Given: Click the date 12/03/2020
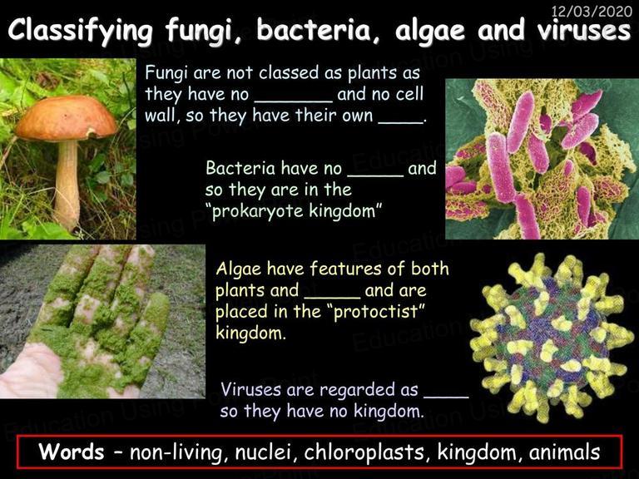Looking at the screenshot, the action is pos(592,11).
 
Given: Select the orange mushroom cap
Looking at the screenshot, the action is pos(67,119).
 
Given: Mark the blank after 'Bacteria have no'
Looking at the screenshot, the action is pos(375,175).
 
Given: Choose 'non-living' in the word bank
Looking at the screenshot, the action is pos(177,453).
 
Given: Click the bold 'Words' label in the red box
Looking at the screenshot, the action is pos(72,452).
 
